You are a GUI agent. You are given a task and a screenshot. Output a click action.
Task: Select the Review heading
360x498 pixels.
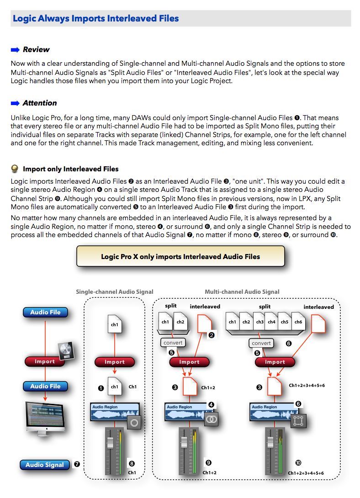(x=36, y=49)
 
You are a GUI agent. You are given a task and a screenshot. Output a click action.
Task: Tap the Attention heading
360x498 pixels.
(x=40, y=103)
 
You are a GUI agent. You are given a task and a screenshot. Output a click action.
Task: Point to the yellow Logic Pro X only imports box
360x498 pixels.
(x=180, y=256)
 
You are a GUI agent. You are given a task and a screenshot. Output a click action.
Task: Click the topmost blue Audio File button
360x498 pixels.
(x=45, y=313)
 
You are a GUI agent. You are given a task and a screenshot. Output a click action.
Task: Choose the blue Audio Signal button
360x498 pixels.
(x=45, y=465)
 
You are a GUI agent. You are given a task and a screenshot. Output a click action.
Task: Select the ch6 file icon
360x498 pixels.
(x=298, y=322)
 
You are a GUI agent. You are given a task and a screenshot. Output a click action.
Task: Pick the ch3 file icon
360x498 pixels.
(x=260, y=322)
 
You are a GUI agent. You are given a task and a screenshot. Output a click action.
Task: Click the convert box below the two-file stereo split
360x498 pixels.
(x=173, y=343)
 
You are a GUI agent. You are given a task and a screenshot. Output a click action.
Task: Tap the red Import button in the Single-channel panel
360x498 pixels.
(x=115, y=362)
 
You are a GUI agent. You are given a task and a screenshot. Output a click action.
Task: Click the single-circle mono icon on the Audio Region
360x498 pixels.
(x=134, y=423)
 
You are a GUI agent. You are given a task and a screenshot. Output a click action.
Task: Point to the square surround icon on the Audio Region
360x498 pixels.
(x=298, y=421)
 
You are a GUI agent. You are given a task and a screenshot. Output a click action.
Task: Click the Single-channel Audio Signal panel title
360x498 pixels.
(x=115, y=291)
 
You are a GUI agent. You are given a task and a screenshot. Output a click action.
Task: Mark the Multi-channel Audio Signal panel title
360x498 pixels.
(x=242, y=291)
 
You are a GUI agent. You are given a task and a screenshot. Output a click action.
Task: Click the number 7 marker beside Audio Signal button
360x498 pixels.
(x=77, y=464)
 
